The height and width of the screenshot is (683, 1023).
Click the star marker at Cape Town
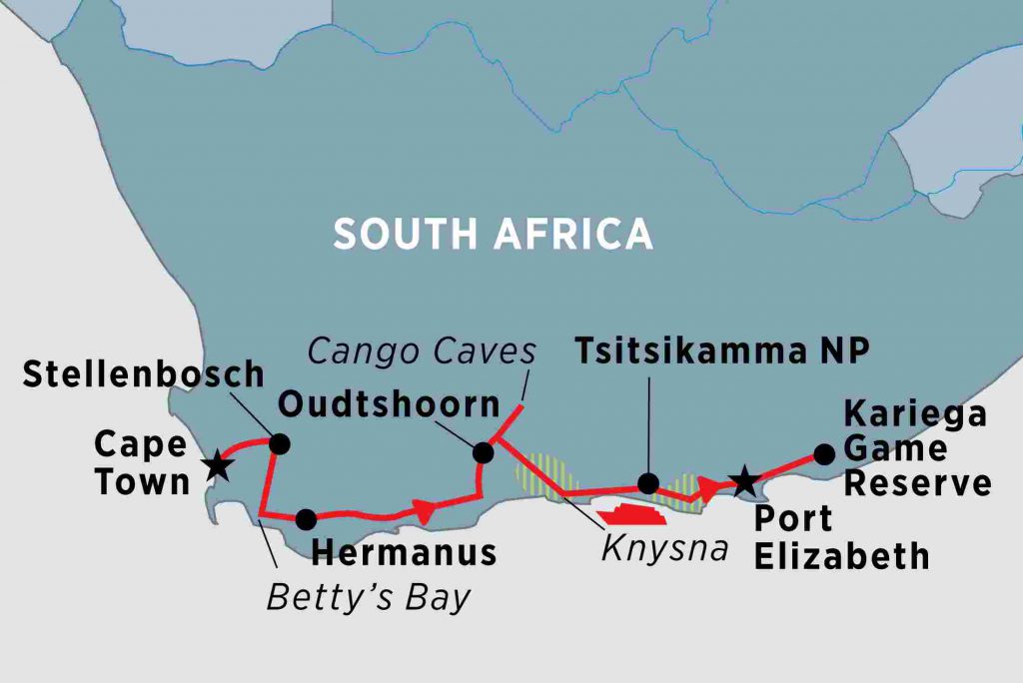216,466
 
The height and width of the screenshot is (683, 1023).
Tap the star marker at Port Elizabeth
744,482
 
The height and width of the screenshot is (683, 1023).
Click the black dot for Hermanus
307,519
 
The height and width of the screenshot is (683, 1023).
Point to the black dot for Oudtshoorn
484,453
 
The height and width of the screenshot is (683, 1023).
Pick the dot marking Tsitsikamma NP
648,484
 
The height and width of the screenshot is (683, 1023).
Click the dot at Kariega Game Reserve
824,454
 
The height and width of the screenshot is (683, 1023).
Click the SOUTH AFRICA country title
493,234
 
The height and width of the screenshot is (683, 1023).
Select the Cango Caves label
422,351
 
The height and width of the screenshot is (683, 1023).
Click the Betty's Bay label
368,597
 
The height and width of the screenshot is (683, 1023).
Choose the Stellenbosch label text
143,375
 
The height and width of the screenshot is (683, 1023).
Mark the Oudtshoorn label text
389,404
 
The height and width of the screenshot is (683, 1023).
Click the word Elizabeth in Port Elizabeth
841,556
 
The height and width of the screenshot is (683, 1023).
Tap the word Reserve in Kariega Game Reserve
917,484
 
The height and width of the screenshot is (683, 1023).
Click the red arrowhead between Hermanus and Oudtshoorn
425,511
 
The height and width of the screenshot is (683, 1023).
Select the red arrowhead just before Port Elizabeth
708,488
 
